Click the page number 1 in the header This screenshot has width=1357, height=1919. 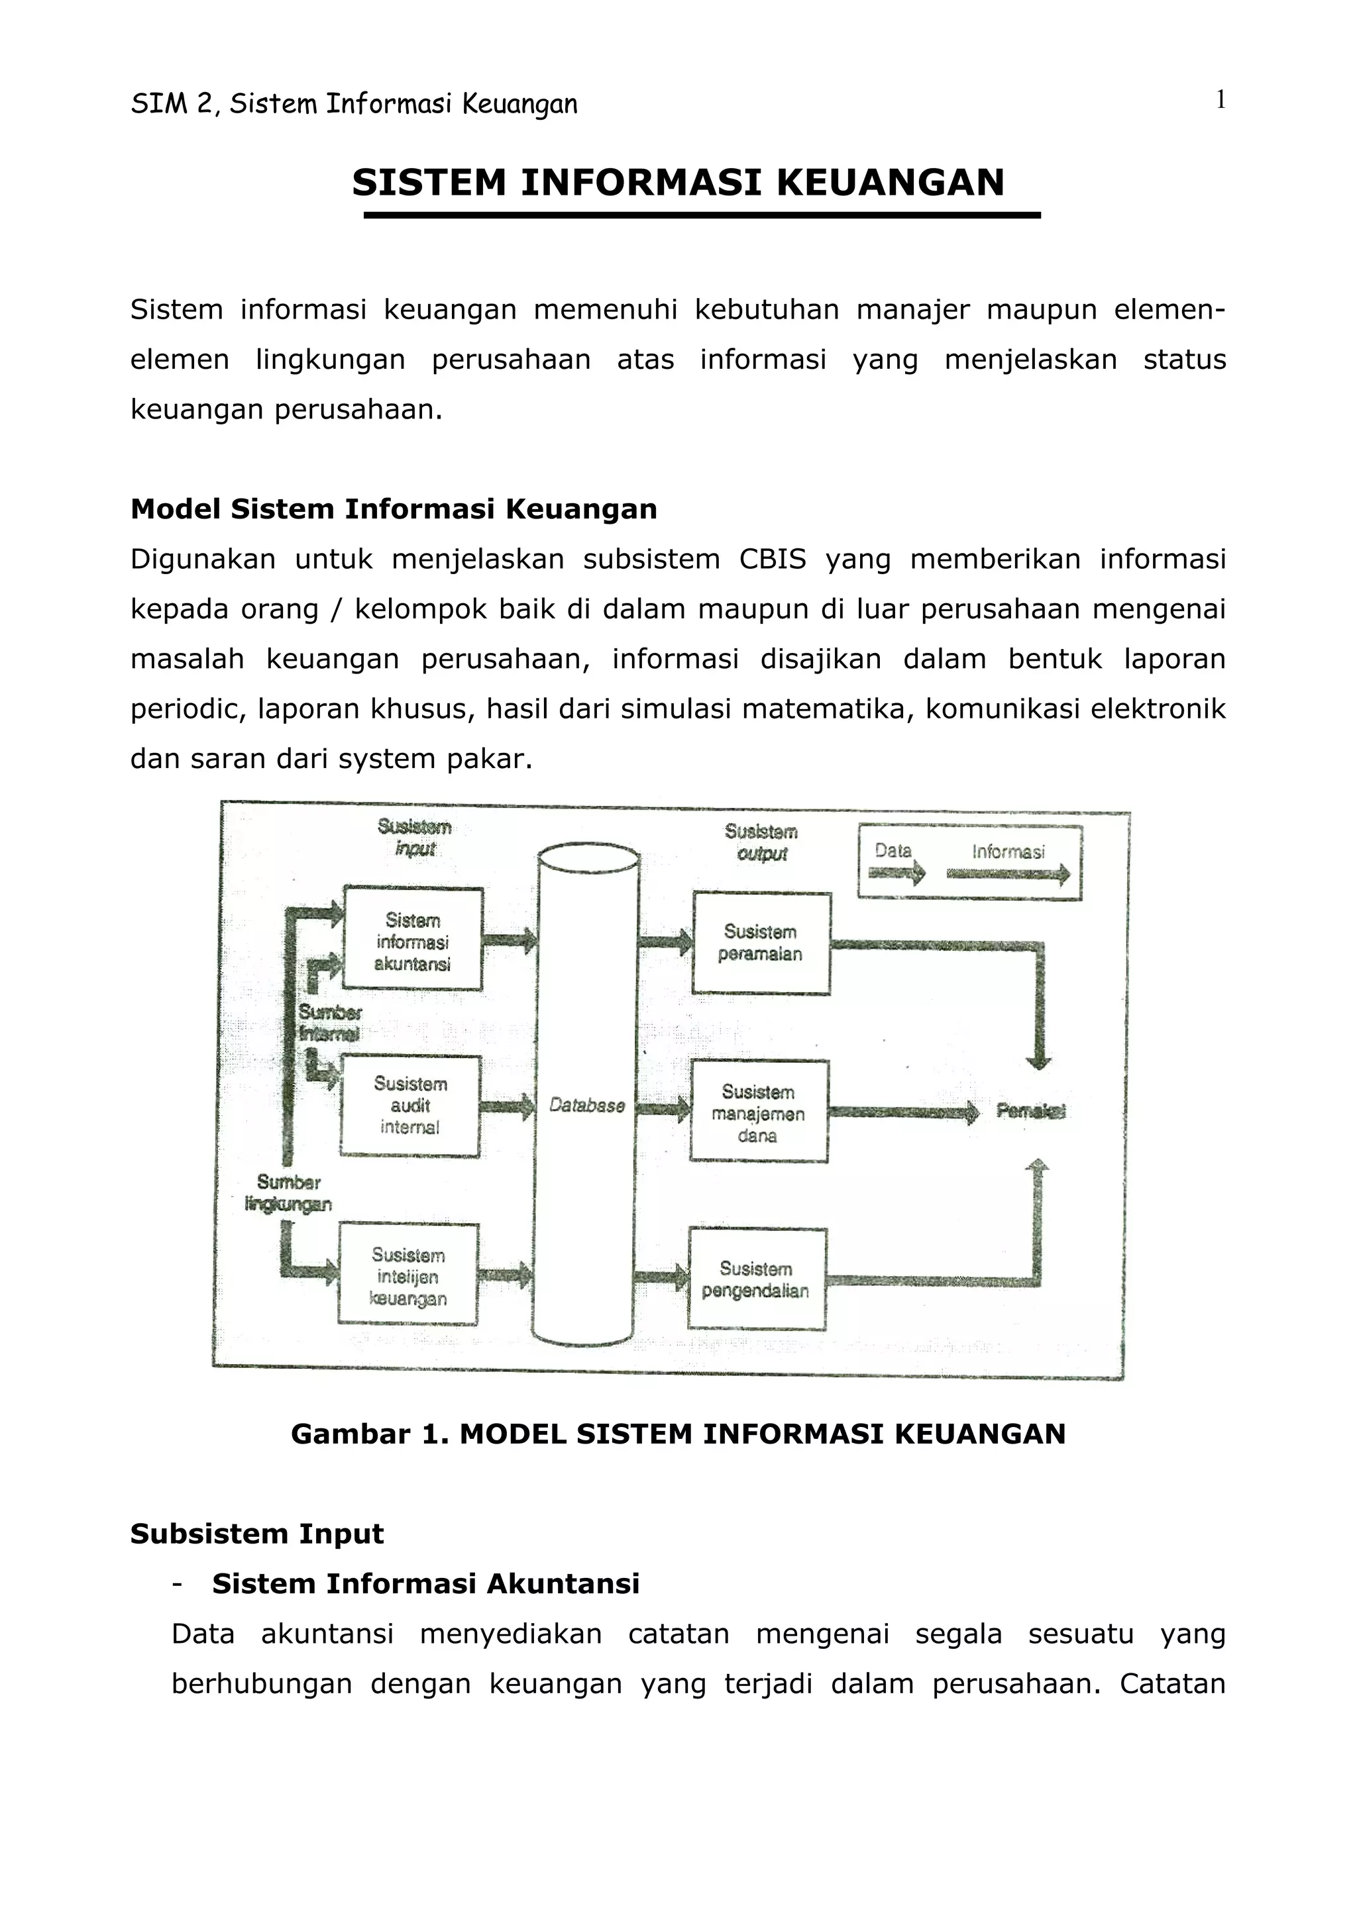[x=1220, y=100]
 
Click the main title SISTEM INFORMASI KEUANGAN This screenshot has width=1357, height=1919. [x=678, y=183]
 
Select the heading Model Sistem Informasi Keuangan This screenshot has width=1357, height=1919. [x=394, y=509]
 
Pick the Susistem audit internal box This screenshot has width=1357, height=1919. [x=409, y=1106]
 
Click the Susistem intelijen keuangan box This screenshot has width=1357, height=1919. [x=408, y=1276]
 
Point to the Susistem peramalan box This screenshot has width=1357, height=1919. [x=761, y=943]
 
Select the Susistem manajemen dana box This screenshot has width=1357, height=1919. [x=759, y=1112]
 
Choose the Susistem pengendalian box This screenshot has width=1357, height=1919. [x=757, y=1279]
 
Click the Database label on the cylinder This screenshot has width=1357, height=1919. [x=587, y=1106]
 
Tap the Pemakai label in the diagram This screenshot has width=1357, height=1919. [x=1031, y=1110]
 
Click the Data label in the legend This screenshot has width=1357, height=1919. [x=893, y=851]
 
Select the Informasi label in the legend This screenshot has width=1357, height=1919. [x=1008, y=852]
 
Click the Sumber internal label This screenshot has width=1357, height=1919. [x=329, y=1022]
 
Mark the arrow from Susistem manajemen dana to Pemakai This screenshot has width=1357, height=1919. [x=903, y=1112]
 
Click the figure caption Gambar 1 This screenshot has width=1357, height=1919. [x=678, y=1434]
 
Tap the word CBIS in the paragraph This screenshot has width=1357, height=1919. [x=773, y=559]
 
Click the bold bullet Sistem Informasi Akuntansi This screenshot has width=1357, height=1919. [x=425, y=1584]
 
